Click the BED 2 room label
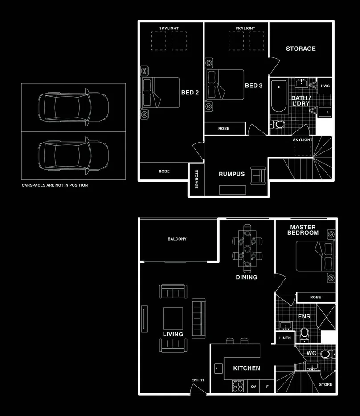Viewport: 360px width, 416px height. (x=190, y=93)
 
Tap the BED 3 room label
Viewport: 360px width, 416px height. (x=254, y=86)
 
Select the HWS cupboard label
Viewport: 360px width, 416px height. (x=325, y=86)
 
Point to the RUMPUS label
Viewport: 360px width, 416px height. (x=232, y=174)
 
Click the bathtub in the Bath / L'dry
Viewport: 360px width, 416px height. (x=279, y=97)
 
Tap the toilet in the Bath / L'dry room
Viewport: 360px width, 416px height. (x=278, y=124)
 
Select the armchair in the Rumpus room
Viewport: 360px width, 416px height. (x=258, y=175)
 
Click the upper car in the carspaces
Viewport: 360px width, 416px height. (x=73, y=107)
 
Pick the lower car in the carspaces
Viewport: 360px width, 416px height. (x=73, y=156)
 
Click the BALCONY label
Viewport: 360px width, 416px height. (x=177, y=239)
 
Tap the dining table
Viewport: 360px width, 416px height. (x=247, y=249)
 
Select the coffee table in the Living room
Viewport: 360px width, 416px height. (x=173, y=318)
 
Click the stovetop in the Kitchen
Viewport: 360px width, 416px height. (x=237, y=386)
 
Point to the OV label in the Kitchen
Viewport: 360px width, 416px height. (x=254, y=387)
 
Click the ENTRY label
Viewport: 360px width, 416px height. (x=198, y=380)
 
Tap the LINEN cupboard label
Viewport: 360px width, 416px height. (x=285, y=338)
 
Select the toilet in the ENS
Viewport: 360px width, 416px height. (x=304, y=335)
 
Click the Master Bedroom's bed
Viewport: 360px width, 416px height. (x=315, y=256)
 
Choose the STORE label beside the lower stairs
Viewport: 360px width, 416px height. (x=326, y=385)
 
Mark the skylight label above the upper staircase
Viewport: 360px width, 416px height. (x=303, y=140)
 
